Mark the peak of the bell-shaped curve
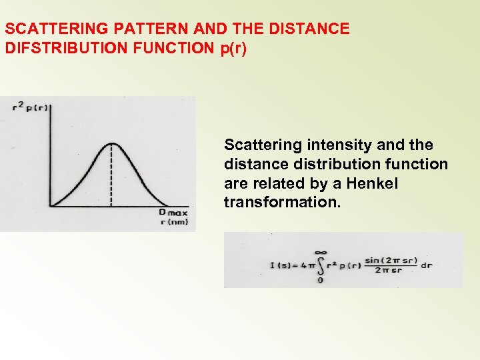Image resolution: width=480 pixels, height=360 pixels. click(x=111, y=143)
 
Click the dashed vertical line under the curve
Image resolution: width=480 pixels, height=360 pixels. click(x=111, y=177)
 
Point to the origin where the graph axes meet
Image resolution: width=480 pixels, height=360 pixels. click(x=51, y=206)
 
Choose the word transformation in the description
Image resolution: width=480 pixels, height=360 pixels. click(x=281, y=202)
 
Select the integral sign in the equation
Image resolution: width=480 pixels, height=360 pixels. click(x=320, y=265)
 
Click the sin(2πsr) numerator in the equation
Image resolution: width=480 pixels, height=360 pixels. click(x=389, y=259)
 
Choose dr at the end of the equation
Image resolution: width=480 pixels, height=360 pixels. click(x=427, y=265)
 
